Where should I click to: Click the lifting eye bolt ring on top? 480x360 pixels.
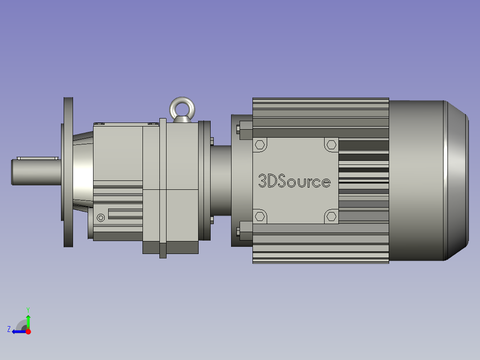tap(181, 107)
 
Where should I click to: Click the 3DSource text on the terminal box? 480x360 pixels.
tap(294, 181)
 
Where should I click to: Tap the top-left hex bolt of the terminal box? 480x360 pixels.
tap(260, 145)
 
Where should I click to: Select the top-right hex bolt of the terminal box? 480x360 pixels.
tap(331, 145)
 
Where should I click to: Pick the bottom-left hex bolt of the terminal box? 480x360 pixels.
tap(260, 217)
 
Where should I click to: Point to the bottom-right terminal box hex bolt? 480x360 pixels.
tap(331, 217)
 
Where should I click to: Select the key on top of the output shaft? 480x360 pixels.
tap(38, 158)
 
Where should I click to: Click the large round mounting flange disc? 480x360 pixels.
tap(68, 172)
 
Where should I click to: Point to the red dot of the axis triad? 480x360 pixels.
tap(28, 331)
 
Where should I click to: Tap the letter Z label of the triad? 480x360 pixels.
tap(9, 329)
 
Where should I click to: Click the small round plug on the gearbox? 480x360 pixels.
tap(101, 217)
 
